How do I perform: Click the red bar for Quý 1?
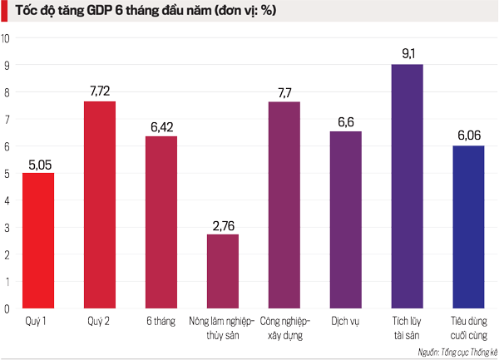click(37, 240)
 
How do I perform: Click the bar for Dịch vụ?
click(346, 219)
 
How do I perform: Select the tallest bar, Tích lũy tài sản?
click(408, 186)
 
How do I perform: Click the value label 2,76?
click(223, 224)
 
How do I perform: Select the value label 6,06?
click(469, 136)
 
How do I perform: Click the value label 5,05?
click(37, 162)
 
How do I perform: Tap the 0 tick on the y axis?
click(7, 309)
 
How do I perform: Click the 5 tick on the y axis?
click(7, 174)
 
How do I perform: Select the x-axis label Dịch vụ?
click(345, 320)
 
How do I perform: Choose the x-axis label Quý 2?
click(100, 320)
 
